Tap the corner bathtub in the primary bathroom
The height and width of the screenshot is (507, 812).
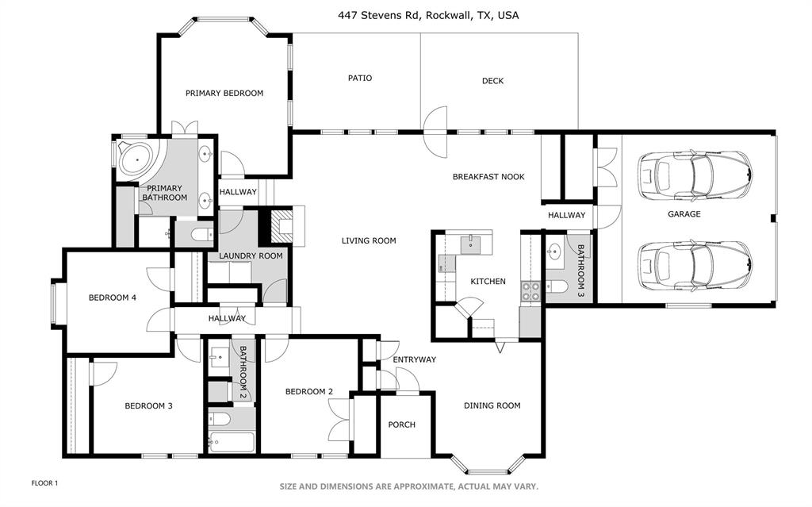tap(136, 158)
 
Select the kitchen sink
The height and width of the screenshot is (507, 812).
tap(471, 242)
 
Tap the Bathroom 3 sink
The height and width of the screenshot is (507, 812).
tap(554, 252)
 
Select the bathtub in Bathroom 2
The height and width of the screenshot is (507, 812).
tap(231, 442)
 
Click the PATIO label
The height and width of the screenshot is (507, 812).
tap(360, 78)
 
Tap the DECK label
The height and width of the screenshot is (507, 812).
tap(492, 80)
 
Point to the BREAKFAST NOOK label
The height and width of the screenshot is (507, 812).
tap(488, 177)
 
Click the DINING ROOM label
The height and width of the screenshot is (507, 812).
tap(492, 405)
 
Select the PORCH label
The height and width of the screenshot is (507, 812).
tap(401, 424)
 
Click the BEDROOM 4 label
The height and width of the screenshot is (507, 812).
tap(113, 298)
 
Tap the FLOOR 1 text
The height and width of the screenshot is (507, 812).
tap(44, 482)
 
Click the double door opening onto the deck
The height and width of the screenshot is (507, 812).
tap(435, 132)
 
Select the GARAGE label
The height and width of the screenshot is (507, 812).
tap(683, 213)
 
